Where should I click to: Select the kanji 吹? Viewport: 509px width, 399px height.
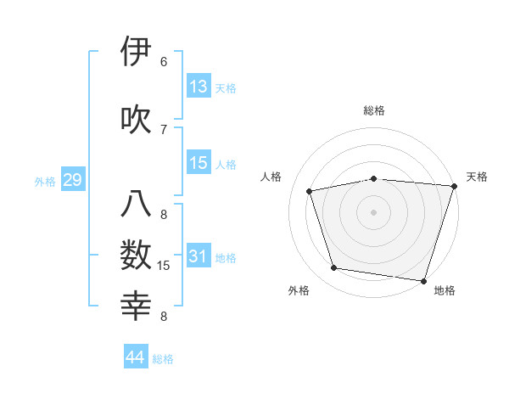pyautogui.click(x=137, y=118)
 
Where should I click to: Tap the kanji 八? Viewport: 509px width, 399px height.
pyautogui.click(x=137, y=205)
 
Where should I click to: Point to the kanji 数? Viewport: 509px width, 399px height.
pyautogui.click(x=137, y=256)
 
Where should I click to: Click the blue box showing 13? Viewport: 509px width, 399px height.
pyautogui.click(x=199, y=87)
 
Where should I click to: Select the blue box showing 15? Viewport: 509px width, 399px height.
pyautogui.click(x=199, y=163)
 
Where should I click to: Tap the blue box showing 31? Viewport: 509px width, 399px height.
pyautogui.click(x=199, y=256)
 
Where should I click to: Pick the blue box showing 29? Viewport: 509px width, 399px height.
pyautogui.click(x=72, y=180)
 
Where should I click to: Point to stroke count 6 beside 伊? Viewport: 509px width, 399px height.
pyautogui.click(x=164, y=62)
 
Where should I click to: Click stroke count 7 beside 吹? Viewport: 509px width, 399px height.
pyautogui.click(x=164, y=129)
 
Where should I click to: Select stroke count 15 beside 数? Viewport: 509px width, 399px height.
pyautogui.click(x=164, y=267)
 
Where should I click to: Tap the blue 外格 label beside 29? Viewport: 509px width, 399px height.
pyautogui.click(x=45, y=181)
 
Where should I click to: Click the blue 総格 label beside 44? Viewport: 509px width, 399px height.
pyautogui.click(x=163, y=359)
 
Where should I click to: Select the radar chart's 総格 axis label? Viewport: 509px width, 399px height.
pyautogui.click(x=374, y=110)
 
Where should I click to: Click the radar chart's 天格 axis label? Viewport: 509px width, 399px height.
pyautogui.click(x=477, y=177)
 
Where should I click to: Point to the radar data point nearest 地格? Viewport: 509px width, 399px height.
pyautogui.click(x=423, y=280)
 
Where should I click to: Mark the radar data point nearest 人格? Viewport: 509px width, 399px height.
pyautogui.click(x=310, y=191)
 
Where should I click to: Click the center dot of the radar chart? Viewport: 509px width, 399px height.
pyautogui.click(x=374, y=211)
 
